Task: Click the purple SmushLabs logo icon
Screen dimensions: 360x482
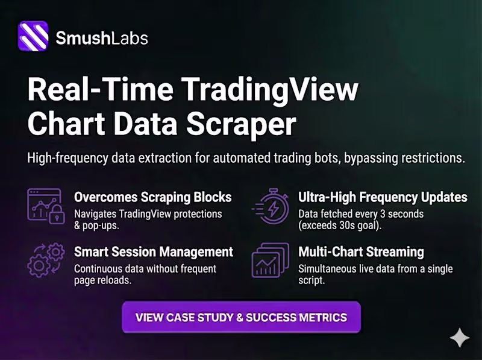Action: pos(33,37)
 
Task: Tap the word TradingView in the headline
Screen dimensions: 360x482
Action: pos(270,91)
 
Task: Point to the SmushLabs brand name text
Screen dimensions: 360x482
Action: pos(101,38)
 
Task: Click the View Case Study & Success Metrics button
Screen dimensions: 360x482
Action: pos(241,317)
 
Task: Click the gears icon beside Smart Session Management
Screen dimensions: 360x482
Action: pos(45,259)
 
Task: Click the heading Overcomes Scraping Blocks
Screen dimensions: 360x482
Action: pos(152,198)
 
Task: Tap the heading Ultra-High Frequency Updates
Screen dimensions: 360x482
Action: pos(383,198)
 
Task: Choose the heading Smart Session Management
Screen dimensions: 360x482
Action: pos(153,251)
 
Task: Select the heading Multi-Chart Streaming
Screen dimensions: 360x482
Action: pos(361,251)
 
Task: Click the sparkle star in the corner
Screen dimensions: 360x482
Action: pos(460,338)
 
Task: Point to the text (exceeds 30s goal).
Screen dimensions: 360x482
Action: pos(341,226)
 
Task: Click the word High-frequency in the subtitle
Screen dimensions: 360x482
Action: pos(64,159)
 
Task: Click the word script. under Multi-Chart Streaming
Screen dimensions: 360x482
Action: pos(312,280)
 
